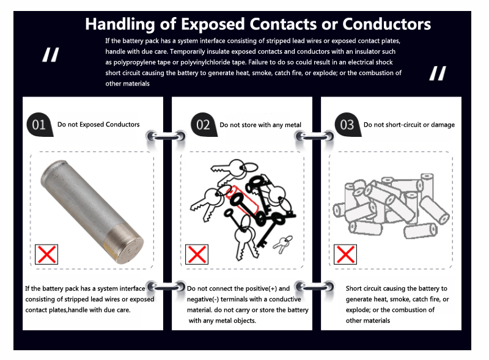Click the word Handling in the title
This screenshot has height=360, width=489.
(120, 24)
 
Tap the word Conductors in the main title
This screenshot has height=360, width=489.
(387, 24)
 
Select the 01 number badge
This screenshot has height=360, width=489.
(40, 125)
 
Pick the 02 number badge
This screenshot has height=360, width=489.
(204, 125)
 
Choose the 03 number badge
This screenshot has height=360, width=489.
(348, 125)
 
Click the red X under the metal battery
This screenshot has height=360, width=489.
(46, 254)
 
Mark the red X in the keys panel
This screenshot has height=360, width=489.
(197, 254)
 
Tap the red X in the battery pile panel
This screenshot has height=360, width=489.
(345, 254)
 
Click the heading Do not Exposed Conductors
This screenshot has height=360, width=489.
(98, 125)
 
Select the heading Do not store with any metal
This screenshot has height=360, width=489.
(260, 125)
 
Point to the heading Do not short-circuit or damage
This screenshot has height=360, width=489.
(409, 125)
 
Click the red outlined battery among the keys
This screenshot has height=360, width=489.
(242, 200)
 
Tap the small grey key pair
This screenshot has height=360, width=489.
(283, 243)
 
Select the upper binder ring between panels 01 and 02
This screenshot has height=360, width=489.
(166, 136)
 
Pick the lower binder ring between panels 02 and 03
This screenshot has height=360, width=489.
(314, 287)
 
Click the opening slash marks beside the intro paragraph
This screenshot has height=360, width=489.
(51, 55)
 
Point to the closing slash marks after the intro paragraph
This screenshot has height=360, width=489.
(438, 73)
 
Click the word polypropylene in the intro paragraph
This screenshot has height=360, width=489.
(134, 62)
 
